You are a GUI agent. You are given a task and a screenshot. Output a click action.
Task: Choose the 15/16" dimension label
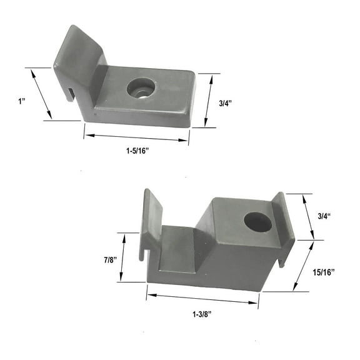point(325,272)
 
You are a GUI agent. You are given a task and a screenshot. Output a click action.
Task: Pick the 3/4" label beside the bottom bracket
point(325,216)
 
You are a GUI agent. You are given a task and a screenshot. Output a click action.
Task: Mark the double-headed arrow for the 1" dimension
point(41,93)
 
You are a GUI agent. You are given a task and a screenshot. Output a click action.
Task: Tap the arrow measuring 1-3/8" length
point(202,298)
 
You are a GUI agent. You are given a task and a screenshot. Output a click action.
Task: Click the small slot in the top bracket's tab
point(69,94)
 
